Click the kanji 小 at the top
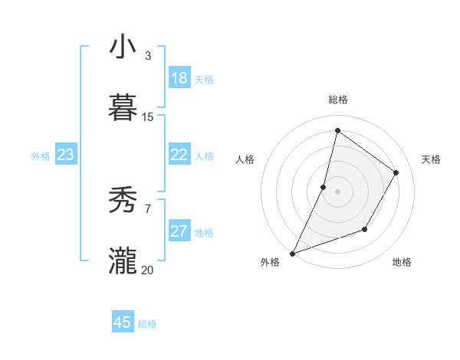pos(123,47)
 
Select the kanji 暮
pos(123,108)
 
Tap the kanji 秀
pos(123,201)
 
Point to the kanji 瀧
pos(123,261)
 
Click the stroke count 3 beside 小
pos(148,56)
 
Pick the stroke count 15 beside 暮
pos(148,117)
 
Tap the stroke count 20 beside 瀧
pos(148,270)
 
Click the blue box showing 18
pos(179,78)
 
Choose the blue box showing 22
pos(179,155)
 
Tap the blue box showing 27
pos(179,231)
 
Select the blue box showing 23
pos(66,155)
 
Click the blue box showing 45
pos(123,322)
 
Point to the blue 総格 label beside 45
pos(147,324)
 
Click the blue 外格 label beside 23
pos(41,156)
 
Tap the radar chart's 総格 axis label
pos(338,100)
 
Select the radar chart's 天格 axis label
pos(431,159)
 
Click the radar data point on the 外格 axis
pos(292,254)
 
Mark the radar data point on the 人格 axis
pos(324,187)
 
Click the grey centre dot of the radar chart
pos(338,191)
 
